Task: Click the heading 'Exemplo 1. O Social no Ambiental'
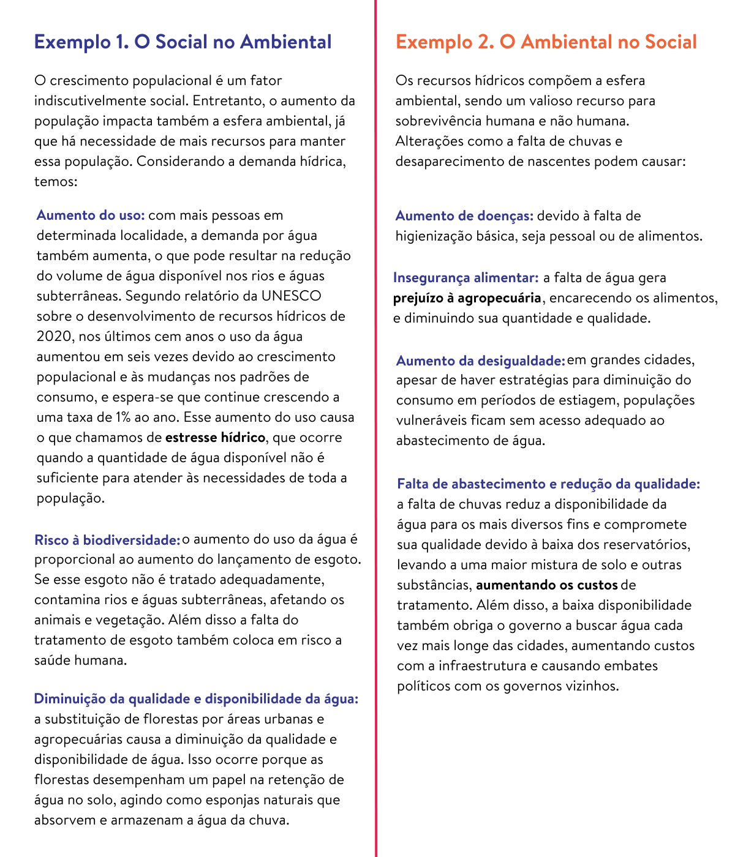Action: coord(183,42)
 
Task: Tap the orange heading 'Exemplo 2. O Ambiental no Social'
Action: coord(546,42)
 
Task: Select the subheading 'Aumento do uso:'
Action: coord(91,215)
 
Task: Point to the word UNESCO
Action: coord(291,296)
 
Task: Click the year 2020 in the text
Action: coord(53,337)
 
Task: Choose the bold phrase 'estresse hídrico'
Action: coord(215,438)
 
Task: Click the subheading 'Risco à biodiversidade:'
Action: coord(107,540)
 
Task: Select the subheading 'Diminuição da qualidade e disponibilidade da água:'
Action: coord(196,699)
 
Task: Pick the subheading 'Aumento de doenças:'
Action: coord(464,216)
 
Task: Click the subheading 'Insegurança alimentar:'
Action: coord(466,278)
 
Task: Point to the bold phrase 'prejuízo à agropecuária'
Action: coord(467,298)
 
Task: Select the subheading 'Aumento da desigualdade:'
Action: coord(480,361)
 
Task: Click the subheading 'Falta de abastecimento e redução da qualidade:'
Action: coord(548,484)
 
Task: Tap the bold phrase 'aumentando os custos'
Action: coord(547,585)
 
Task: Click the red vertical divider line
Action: coord(376,428)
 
